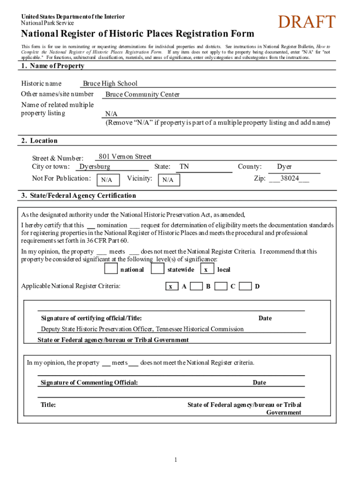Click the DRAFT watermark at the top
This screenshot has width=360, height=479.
[306, 22]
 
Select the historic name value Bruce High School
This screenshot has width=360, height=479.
[110, 84]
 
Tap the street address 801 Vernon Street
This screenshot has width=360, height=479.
[125, 157]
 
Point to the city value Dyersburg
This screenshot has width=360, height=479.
[95, 167]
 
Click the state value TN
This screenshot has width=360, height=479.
[184, 167]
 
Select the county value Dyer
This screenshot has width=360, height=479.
[284, 167]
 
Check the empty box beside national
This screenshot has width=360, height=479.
[111, 269]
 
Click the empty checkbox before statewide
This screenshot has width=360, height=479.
[158, 269]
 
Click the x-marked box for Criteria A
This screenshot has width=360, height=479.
[172, 286]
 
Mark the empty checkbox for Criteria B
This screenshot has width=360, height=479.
[196, 286]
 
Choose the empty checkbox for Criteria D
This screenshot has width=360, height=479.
[245, 286]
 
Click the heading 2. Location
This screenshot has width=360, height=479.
[39, 141]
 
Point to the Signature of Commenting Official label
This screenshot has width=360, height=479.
[89, 383]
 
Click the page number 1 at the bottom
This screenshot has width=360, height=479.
[176, 460]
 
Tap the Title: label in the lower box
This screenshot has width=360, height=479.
[48, 405]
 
